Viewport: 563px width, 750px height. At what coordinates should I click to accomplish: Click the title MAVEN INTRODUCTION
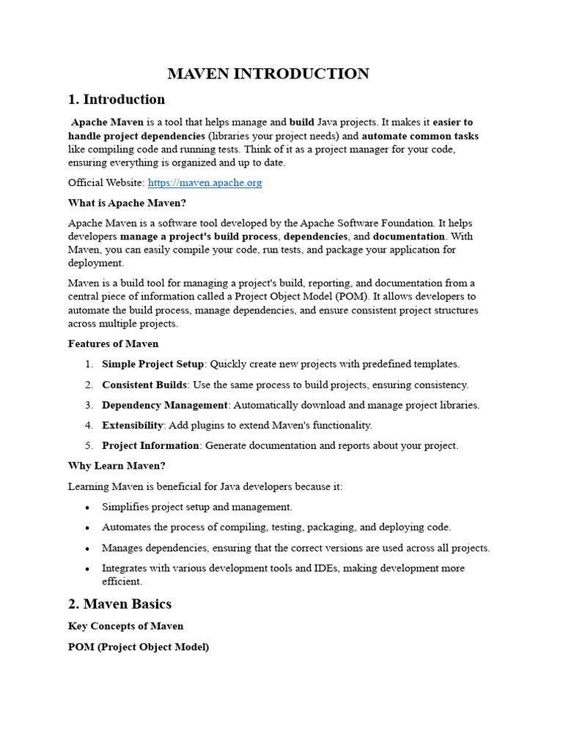268,74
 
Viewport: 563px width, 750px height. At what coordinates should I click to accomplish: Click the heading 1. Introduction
117,100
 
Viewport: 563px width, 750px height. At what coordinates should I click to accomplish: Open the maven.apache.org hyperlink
205,182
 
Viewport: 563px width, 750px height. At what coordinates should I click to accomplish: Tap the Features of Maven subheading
113,344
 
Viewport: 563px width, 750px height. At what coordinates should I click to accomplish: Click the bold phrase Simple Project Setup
152,364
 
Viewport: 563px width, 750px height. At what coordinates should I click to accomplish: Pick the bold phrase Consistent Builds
144,385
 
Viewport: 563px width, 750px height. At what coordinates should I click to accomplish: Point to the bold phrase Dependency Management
165,405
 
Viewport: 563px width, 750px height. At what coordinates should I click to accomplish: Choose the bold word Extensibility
132,425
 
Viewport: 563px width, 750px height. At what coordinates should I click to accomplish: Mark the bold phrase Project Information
150,445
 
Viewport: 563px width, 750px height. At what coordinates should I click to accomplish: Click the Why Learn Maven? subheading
117,466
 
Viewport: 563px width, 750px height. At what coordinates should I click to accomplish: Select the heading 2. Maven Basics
119,604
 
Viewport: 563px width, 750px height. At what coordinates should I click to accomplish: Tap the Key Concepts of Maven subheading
125,626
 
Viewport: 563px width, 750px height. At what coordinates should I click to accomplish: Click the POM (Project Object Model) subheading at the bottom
139,647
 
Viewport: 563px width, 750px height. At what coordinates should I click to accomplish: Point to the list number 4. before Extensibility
89,425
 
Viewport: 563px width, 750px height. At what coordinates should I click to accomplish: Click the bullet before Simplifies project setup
88,507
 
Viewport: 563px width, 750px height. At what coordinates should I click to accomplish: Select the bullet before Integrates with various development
88,568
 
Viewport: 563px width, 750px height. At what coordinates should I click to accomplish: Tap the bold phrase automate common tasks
420,135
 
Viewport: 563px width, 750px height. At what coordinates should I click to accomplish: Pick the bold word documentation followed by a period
409,237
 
